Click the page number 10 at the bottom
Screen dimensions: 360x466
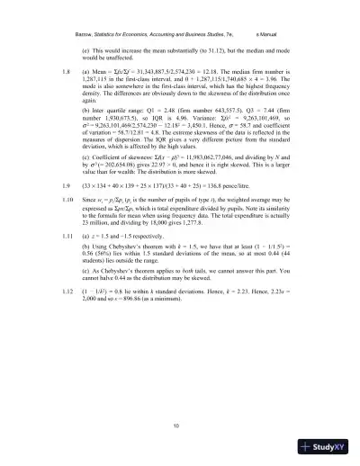point(181,425)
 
